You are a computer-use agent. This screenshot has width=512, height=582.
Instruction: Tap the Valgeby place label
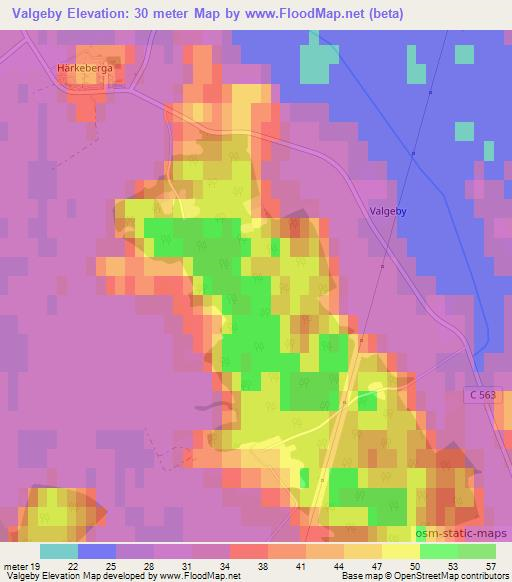click(381, 212)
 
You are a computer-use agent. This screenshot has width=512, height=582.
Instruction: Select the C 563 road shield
click(482, 397)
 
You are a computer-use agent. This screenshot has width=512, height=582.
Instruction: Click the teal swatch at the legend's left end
click(59, 551)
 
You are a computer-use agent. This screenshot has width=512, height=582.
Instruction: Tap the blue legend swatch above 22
click(96, 551)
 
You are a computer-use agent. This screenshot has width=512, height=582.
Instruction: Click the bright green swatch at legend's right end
click(476, 551)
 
